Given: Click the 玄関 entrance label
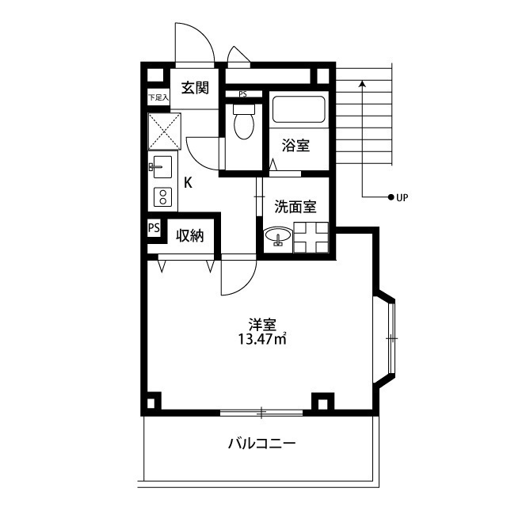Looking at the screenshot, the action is click(x=195, y=88).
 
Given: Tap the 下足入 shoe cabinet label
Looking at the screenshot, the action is click(x=158, y=97).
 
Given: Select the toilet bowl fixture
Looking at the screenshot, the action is click(x=244, y=121).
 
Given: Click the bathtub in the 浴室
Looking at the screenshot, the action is click(x=299, y=109).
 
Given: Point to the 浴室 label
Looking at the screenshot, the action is click(x=295, y=145).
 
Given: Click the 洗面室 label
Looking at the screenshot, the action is click(x=295, y=207).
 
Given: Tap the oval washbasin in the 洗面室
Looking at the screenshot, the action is click(x=278, y=236).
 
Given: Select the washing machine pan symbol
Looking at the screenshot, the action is click(x=311, y=238).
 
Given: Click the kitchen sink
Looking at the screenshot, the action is click(x=161, y=167).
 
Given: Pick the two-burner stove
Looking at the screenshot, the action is click(x=163, y=197).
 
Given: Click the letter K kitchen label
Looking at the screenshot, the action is click(x=189, y=183).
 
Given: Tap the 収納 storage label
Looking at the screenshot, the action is click(x=190, y=236).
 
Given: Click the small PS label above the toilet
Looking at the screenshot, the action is click(x=242, y=94).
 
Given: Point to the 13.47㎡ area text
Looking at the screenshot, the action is click(x=262, y=339).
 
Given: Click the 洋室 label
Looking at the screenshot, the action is click(x=262, y=325).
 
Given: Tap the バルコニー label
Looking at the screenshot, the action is click(x=262, y=444).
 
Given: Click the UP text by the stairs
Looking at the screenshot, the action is click(x=402, y=197).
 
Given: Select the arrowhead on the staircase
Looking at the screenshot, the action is click(x=363, y=84).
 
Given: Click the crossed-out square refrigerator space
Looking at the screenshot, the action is click(x=164, y=132).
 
